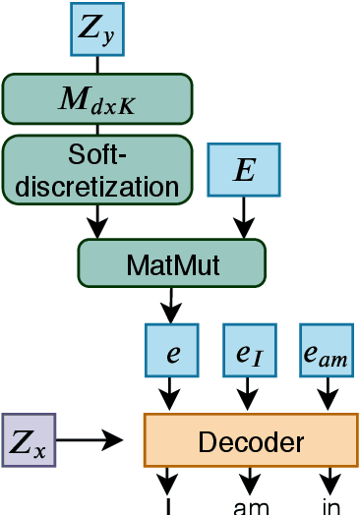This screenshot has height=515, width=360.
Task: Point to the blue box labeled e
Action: (171, 351)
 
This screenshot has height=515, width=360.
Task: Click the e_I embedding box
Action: (251, 351)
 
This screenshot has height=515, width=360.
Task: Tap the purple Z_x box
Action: (29, 439)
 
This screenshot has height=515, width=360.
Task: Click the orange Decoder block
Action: (251, 439)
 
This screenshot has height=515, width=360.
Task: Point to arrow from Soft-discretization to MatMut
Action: (96, 220)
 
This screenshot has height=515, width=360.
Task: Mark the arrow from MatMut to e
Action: (171, 304)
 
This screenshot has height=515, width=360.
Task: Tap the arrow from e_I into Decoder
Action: (251, 394)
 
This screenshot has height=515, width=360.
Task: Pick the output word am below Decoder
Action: (251, 507)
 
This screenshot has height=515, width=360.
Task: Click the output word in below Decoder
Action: (330, 507)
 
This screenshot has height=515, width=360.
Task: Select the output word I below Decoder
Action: (171, 507)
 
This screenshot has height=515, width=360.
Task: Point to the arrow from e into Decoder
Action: (171, 394)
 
